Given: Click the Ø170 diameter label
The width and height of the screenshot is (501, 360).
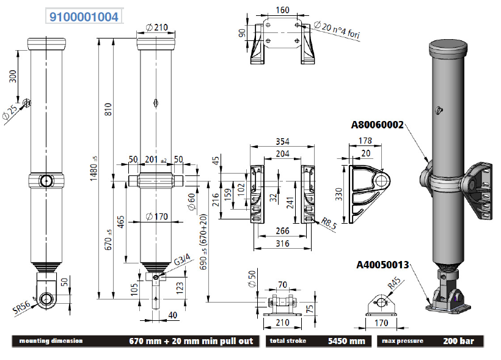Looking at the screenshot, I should (x=157, y=215).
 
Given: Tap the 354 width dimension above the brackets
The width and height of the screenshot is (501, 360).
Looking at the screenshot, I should (x=282, y=142).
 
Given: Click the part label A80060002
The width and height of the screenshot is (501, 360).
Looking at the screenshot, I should (x=378, y=125).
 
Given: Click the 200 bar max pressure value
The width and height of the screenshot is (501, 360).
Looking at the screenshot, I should (x=463, y=340).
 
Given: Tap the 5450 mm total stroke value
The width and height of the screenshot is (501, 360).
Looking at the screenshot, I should (x=349, y=340).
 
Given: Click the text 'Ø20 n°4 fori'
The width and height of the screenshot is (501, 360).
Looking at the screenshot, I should (x=337, y=30).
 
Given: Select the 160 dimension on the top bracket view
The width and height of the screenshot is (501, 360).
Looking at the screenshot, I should (x=283, y=10).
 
